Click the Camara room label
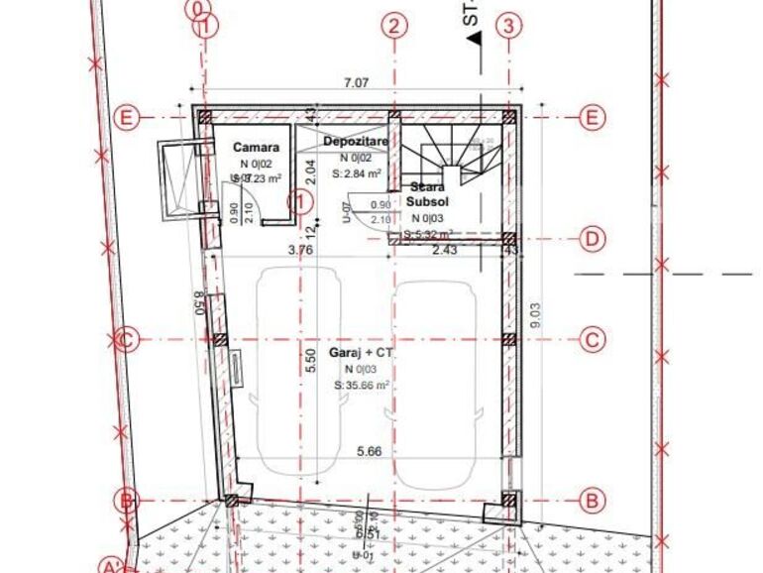(x=256, y=148)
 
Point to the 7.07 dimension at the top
(x=356, y=83)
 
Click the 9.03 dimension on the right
(x=536, y=315)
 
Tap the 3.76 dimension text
(x=300, y=251)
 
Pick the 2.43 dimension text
(x=445, y=251)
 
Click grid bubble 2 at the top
(x=395, y=27)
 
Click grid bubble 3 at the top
(x=508, y=27)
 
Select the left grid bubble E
(x=126, y=118)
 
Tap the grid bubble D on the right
(x=593, y=239)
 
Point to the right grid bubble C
(x=593, y=340)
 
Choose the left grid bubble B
(x=126, y=501)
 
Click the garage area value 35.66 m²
(x=362, y=386)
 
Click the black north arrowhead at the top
(x=475, y=39)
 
